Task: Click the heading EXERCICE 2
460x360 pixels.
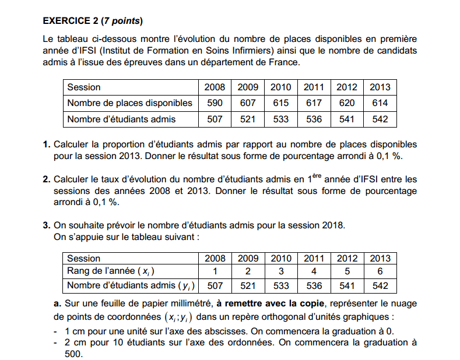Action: tap(71, 22)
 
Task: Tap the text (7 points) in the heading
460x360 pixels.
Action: tap(122, 22)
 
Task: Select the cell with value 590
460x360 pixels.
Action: tap(215, 103)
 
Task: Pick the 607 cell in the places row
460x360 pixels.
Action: tap(248, 103)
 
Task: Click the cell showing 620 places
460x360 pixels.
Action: tap(347, 103)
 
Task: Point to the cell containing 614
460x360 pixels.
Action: tap(380, 103)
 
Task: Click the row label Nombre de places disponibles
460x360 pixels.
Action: tap(129, 103)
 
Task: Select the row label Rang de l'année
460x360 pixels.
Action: tap(111, 270)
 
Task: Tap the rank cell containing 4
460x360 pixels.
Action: tap(314, 270)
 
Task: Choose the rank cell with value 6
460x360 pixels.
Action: tap(380, 270)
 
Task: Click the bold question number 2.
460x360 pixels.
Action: tap(46, 179)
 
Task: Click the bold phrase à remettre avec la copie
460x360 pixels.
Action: tap(265, 303)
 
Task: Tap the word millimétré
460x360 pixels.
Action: tap(190, 303)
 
